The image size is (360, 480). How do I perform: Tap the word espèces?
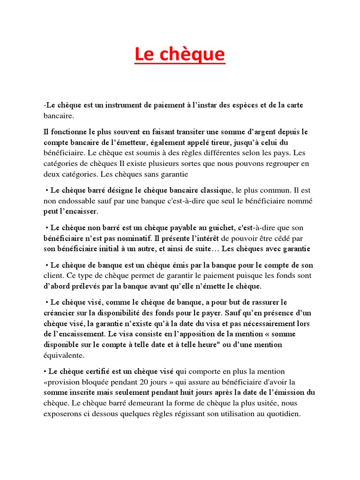(x=242, y=105)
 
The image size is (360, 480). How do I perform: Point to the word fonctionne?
(x=68, y=132)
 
